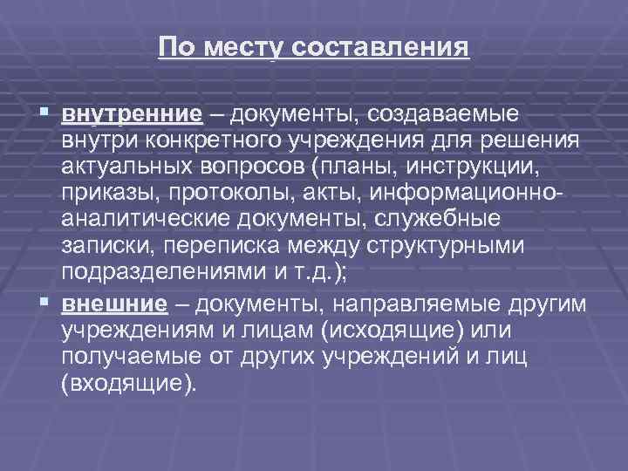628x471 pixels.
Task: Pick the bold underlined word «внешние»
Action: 114,304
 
